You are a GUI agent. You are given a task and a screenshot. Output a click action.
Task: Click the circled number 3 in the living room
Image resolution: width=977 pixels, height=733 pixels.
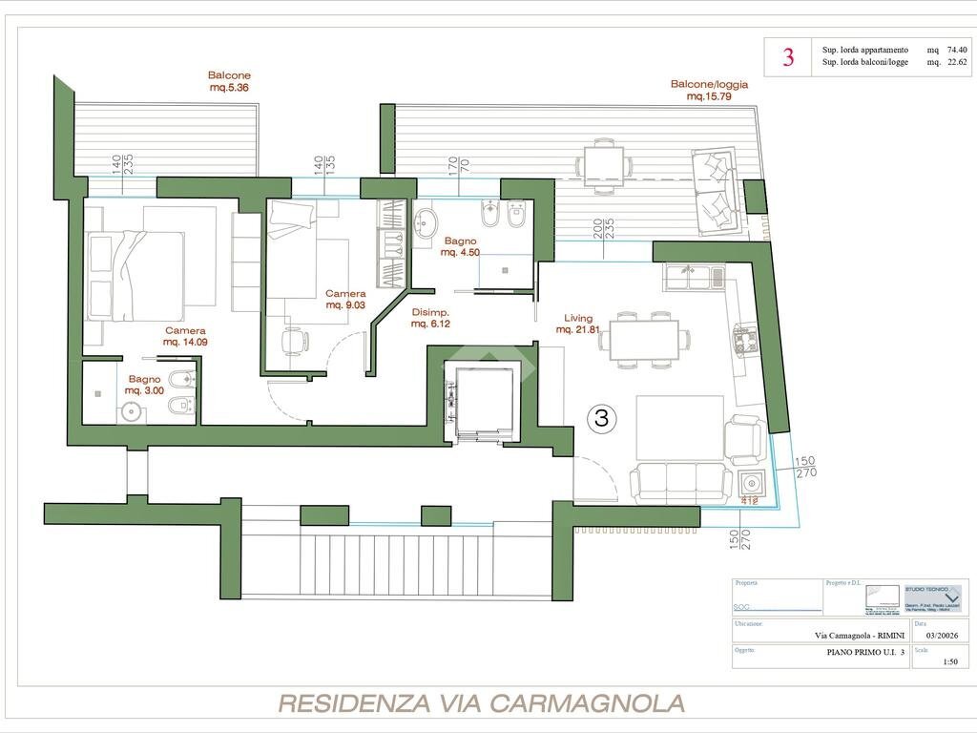click(601, 417)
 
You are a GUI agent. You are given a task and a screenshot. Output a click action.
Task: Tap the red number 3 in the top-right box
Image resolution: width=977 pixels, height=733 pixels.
click(788, 57)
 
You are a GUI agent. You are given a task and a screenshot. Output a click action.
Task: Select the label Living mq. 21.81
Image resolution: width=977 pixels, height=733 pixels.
click(578, 325)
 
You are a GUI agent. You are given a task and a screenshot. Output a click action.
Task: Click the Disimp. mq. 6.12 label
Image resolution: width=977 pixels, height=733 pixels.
click(430, 318)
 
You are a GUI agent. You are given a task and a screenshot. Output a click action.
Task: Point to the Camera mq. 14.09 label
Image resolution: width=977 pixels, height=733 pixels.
click(184, 336)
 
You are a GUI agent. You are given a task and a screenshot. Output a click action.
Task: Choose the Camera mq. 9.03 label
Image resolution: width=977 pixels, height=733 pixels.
click(345, 300)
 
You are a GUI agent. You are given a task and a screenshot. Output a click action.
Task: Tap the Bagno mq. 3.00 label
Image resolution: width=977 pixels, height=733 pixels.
click(145, 385)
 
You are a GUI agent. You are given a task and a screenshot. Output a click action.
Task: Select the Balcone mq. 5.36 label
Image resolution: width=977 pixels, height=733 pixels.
click(229, 82)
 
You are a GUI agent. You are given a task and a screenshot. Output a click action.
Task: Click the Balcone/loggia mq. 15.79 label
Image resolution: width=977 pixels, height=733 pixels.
click(710, 90)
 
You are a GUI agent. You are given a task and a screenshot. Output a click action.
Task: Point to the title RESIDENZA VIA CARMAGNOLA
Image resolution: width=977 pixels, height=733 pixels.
click(481, 704)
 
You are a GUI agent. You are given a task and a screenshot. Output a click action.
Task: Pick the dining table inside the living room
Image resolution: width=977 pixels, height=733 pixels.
click(644, 339)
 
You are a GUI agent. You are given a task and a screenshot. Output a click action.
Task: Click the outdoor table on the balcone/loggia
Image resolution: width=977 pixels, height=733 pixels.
click(603, 163)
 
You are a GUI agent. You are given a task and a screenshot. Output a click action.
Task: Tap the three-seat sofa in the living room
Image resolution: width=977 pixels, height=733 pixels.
click(680, 482)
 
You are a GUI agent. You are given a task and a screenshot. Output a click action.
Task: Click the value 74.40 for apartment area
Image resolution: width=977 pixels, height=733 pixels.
click(957, 50)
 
